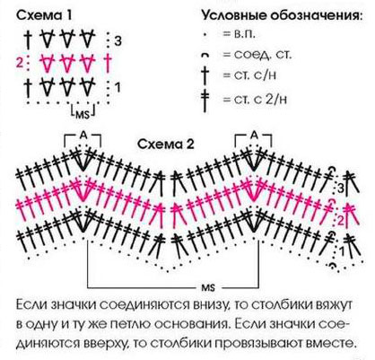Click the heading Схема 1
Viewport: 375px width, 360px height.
click(x=44, y=15)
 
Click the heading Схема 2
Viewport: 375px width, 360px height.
click(x=166, y=145)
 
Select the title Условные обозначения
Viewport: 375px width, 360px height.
click(x=283, y=15)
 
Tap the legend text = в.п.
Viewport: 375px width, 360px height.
click(x=240, y=34)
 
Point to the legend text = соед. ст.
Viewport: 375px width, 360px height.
click(x=257, y=55)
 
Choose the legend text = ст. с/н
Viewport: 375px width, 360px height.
click(x=249, y=75)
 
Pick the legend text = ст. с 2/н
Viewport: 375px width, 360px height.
click(x=255, y=99)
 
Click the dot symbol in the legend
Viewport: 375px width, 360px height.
click(x=205, y=35)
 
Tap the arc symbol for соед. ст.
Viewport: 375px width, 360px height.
click(x=205, y=55)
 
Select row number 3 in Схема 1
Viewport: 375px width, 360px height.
click(x=118, y=41)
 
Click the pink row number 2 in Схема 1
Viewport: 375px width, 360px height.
click(x=20, y=63)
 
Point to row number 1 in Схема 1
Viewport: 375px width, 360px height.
click(x=118, y=88)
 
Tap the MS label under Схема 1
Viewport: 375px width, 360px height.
click(x=83, y=114)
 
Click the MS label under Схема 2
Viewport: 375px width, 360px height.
click(x=207, y=287)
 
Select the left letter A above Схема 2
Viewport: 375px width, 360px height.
click(x=83, y=136)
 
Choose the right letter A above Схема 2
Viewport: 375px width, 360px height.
click(x=254, y=136)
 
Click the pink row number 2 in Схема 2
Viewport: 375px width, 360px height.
click(x=342, y=221)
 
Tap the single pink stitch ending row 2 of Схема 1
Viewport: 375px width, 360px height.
click(x=109, y=63)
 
